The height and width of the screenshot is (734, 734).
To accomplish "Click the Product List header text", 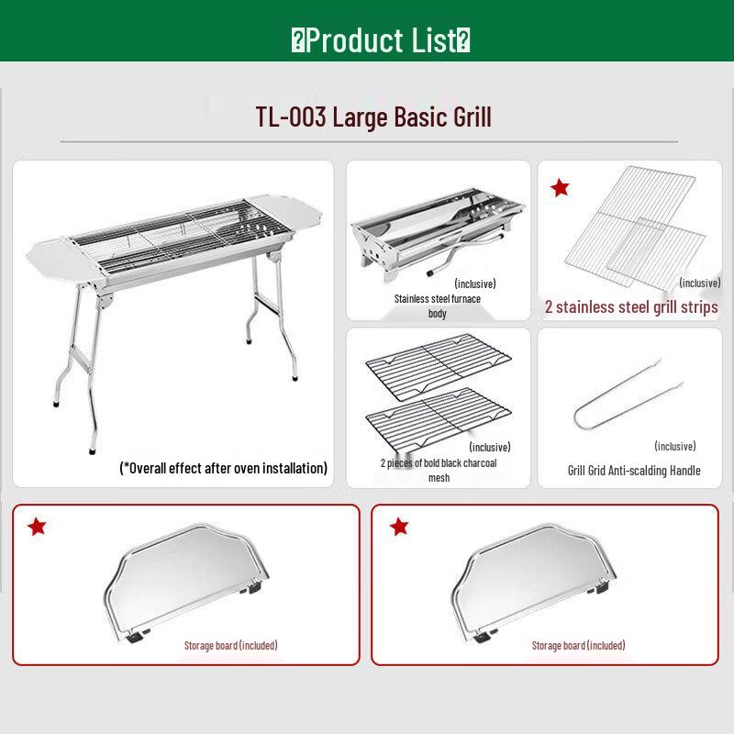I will tap(380, 40).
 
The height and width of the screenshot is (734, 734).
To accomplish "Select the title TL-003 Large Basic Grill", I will tap(373, 117).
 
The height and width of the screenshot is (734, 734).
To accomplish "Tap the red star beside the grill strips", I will tap(560, 188).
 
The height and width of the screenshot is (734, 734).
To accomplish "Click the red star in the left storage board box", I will tap(37, 527).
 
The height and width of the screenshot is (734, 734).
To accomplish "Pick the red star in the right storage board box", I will tap(398, 527).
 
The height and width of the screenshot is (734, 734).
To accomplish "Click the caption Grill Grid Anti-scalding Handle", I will tap(633, 471).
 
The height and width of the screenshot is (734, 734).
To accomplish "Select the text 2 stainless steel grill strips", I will tap(631, 307).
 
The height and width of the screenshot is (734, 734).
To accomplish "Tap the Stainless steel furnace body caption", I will tap(438, 306).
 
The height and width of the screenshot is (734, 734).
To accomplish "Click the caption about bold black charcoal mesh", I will tap(439, 470).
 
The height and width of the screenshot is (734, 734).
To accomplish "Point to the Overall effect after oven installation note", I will tap(223, 468).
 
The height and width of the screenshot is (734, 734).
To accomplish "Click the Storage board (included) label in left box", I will tap(230, 645).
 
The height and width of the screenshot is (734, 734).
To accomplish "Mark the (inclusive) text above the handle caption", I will tap(674, 446).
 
